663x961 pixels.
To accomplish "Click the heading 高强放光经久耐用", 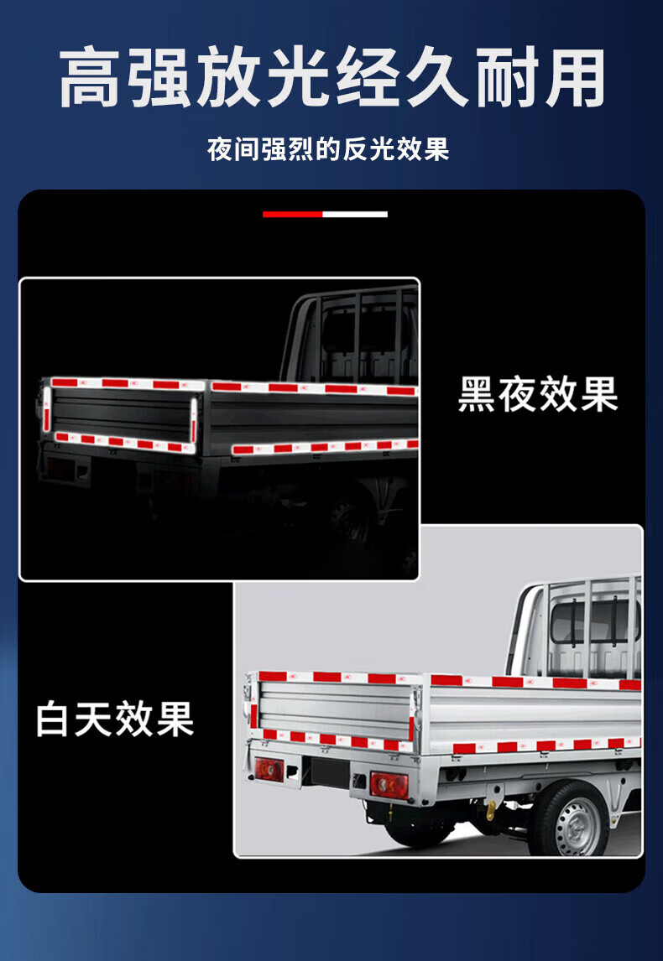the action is pos(331,78).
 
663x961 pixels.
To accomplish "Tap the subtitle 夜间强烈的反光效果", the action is pos(328,149).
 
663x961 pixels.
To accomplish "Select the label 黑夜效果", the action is pos(538,395).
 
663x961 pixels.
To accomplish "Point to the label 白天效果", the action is pos(115,719).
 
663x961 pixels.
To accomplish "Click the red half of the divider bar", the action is pos(293,215).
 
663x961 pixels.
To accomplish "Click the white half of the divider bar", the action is pos(355,215).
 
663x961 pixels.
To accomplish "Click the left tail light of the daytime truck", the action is pos(269,769).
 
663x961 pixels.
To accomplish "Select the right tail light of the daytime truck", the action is pos(389,785).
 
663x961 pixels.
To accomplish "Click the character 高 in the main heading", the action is pos(90,78).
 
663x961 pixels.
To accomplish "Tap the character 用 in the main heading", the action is pos(575,78).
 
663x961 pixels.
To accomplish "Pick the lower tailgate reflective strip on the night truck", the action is pos(124,442).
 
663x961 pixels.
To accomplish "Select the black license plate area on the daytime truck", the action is pos(330,772).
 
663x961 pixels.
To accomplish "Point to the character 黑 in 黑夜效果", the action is pos(477,395).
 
